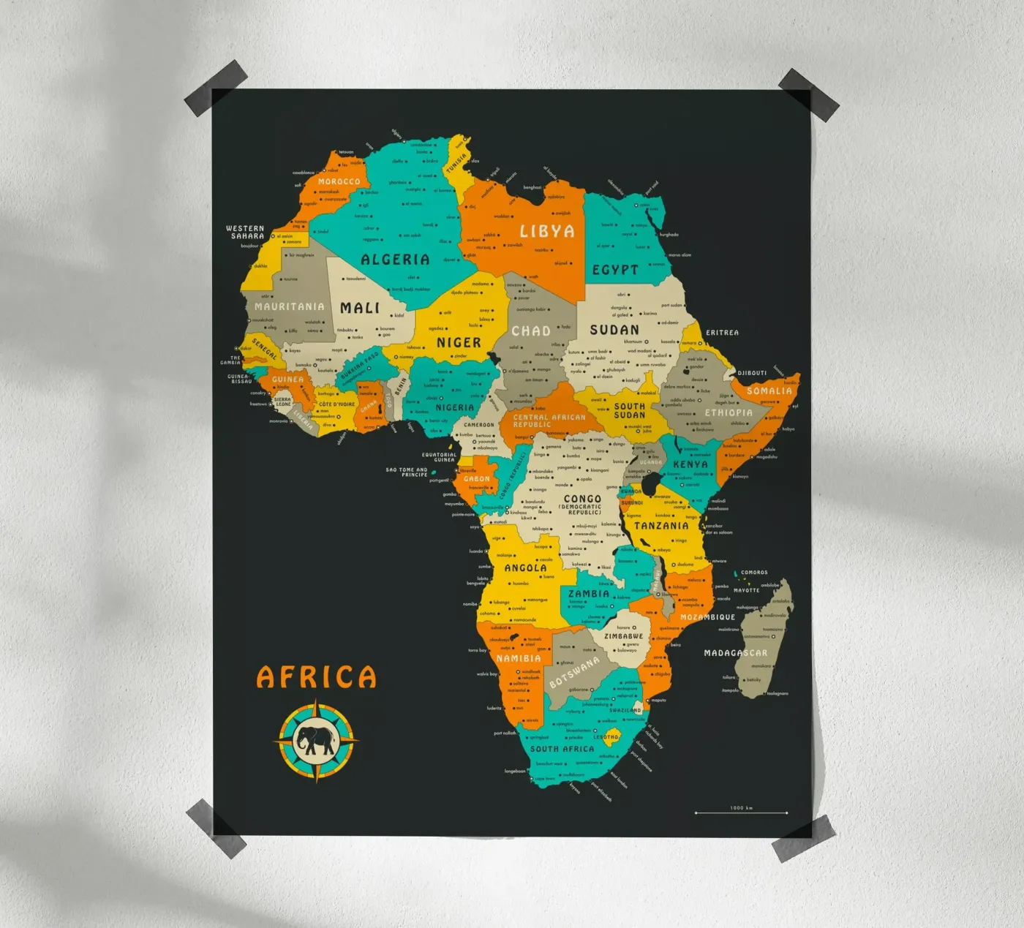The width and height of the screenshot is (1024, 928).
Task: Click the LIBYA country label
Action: point(546,231)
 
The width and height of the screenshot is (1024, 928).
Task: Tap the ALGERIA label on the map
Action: point(395,260)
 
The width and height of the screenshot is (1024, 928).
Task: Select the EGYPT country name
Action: point(615,270)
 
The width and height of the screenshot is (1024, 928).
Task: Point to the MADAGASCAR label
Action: point(735,653)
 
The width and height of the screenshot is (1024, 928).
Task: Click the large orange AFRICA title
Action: point(316,677)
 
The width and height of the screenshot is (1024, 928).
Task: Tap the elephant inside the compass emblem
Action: point(315,740)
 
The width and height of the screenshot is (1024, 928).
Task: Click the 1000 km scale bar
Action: point(741,812)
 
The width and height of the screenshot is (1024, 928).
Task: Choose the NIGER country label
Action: point(459,342)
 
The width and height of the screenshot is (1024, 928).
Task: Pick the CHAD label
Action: point(530,331)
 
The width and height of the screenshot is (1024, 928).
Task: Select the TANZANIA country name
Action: point(661,526)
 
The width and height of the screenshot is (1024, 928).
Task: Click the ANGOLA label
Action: point(525,567)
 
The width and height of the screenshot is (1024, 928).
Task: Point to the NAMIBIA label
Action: point(519,658)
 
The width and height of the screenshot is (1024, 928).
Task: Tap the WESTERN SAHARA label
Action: point(246,233)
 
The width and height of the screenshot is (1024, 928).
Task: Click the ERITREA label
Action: point(722,333)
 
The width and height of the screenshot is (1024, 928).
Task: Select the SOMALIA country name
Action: point(769,391)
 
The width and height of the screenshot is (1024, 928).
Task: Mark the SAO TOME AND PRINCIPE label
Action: point(407,472)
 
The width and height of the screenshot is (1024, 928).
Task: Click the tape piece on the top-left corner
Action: point(216,88)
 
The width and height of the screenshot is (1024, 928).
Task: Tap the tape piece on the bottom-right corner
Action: point(803,838)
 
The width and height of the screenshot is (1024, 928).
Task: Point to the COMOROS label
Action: point(754,573)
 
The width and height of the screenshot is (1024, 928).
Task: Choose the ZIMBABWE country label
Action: point(623,636)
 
